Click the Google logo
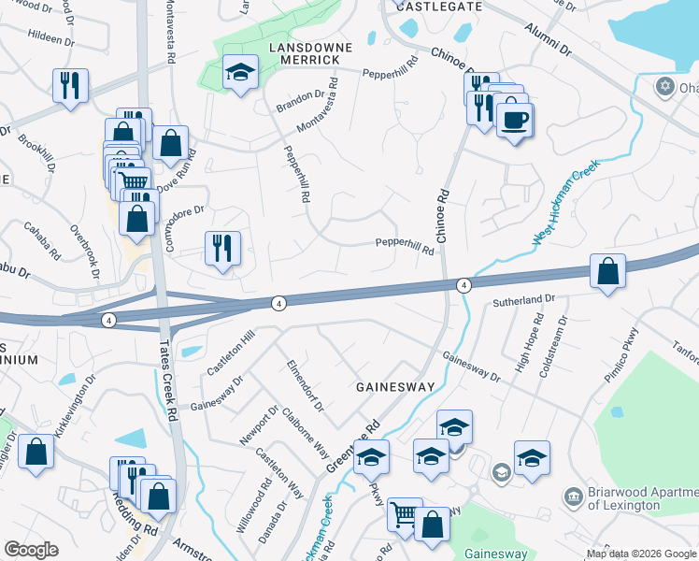pyautogui.click(x=31, y=550)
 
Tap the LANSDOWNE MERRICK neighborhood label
pyautogui.click(x=304, y=52)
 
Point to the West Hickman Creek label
pyautogui.click(x=564, y=202)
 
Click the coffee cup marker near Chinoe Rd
pyautogui.click(x=514, y=121)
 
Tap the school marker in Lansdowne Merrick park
pyautogui.click(x=240, y=73)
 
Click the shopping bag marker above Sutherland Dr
pyautogui.click(x=607, y=272)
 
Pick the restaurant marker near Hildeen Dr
pyautogui.click(x=71, y=87)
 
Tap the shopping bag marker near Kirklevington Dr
pyautogui.click(x=36, y=453)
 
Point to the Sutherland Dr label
pyautogui.click(x=524, y=302)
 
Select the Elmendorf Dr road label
pyautogui.click(x=305, y=385)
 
